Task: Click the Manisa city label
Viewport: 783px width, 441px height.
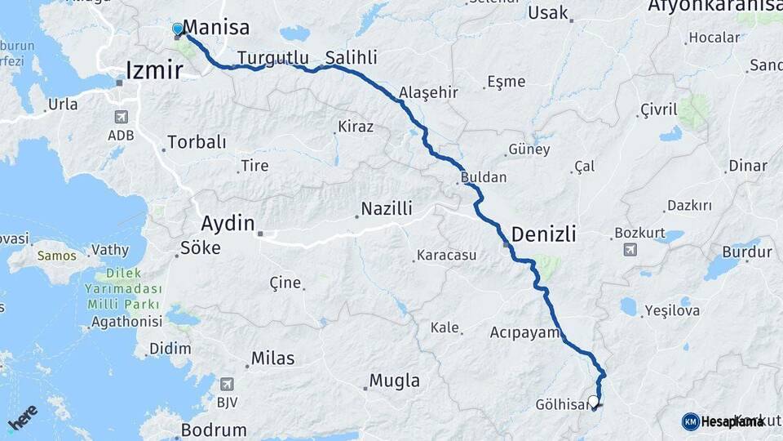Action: (x=216, y=28)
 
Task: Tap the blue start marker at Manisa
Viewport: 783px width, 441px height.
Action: (x=178, y=29)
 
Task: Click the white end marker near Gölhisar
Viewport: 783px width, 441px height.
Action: (x=593, y=401)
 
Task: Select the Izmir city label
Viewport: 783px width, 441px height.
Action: (x=153, y=70)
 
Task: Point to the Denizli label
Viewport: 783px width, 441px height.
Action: (x=544, y=234)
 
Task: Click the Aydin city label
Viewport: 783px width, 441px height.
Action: (x=228, y=224)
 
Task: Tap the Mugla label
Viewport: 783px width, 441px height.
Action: (x=394, y=381)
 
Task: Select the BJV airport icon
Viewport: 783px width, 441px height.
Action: (x=227, y=383)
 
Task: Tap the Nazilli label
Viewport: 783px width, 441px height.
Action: (x=387, y=209)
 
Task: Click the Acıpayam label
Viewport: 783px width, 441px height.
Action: (x=524, y=332)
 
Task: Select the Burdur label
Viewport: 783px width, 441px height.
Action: (x=746, y=252)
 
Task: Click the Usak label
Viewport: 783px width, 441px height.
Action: (x=547, y=12)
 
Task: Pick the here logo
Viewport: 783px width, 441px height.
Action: (x=23, y=416)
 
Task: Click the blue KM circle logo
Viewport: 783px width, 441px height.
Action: (x=690, y=421)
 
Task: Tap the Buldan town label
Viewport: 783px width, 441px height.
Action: (x=484, y=177)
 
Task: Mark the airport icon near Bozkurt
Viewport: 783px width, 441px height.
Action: (x=630, y=249)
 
